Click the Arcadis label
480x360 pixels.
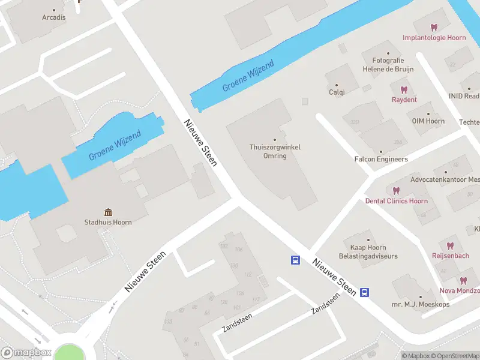point(54,17)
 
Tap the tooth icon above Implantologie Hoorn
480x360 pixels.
point(434,27)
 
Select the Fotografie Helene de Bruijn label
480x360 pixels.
point(388,64)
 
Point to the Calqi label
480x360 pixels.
point(337,92)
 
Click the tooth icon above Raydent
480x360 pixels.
point(404,89)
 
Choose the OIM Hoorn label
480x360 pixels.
point(428,121)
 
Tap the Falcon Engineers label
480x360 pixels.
point(381,159)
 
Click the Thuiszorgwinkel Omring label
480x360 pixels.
point(275,151)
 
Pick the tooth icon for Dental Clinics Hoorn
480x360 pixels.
point(396,190)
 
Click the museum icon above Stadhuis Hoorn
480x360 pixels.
point(108,212)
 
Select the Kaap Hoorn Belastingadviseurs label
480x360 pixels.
point(368,251)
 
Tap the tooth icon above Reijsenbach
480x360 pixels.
point(450,245)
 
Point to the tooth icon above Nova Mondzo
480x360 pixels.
point(463,280)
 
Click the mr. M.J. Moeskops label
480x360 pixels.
point(420,305)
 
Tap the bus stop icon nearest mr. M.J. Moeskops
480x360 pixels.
point(364,293)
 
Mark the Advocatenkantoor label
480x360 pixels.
point(445,179)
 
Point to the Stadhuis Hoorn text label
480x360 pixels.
point(108,222)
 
